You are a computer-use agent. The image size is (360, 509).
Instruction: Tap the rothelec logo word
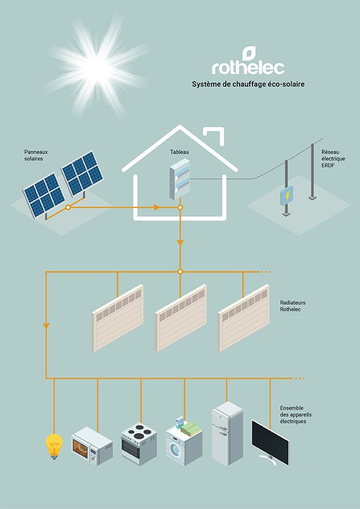click(x=247, y=66)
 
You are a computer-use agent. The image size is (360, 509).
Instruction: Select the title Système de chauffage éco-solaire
click(x=247, y=84)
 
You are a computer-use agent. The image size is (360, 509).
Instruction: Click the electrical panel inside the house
click(x=179, y=180)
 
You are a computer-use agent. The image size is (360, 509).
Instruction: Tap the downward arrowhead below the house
click(x=180, y=242)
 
